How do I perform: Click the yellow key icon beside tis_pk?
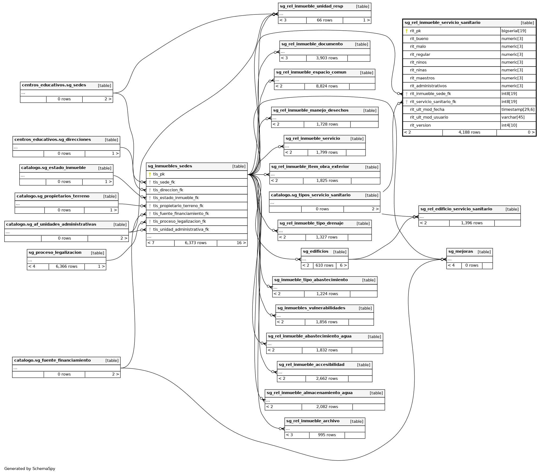(x=150, y=174)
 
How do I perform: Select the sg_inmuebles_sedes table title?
(x=170, y=166)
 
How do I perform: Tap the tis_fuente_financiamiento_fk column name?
(x=181, y=214)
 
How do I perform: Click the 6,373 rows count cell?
(x=196, y=243)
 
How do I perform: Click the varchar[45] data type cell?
(x=513, y=117)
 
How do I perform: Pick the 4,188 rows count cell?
(x=469, y=132)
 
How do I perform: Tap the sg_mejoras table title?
(x=460, y=251)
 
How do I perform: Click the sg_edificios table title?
(x=316, y=251)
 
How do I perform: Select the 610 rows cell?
(x=324, y=265)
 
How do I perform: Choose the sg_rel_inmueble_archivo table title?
(x=313, y=421)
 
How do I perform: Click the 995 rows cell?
(x=327, y=435)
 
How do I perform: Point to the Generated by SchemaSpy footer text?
(x=30, y=469)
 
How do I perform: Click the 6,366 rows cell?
(x=67, y=266)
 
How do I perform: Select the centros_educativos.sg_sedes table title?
(x=54, y=85)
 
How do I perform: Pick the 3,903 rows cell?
(x=327, y=58)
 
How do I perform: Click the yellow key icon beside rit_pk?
(x=407, y=31)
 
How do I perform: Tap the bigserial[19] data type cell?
(x=514, y=31)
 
